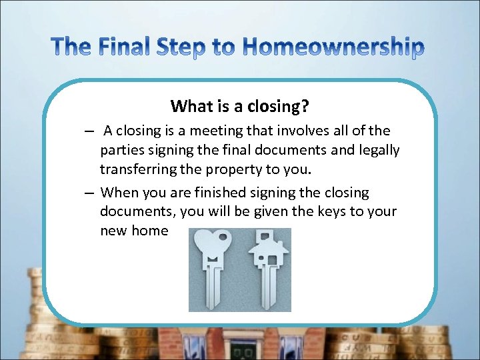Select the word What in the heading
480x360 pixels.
tap(188, 106)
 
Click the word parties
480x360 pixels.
tap(121, 150)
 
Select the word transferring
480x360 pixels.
tap(137, 169)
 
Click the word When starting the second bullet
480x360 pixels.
tap(117, 193)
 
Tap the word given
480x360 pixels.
tap(275, 211)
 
